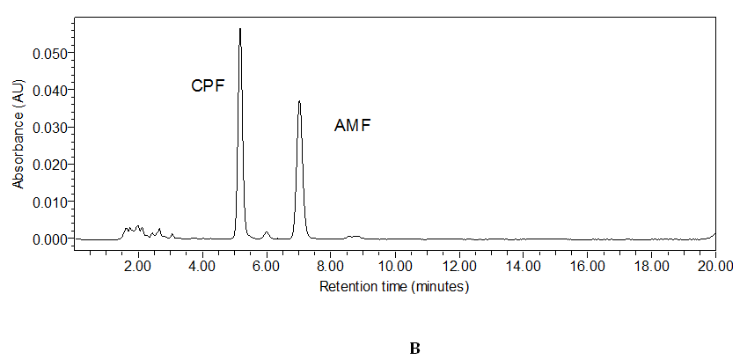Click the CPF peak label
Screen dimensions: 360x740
[209, 85]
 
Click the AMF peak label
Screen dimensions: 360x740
[352, 126]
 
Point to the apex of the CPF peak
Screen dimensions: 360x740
[240, 30]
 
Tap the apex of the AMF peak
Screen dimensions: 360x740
[299, 101]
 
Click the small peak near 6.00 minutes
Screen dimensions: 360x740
[266, 233]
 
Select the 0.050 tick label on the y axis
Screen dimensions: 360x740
[49, 53]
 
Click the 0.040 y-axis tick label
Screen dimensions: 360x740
[49, 90]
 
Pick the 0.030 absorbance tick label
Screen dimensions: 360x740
[49, 127]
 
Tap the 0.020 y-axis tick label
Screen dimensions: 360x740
[49, 165]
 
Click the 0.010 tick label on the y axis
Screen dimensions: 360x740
[49, 202]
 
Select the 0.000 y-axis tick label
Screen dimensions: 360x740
[49, 239]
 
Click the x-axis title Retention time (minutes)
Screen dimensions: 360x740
[393, 286]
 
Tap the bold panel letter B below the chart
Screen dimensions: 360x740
[414, 349]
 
